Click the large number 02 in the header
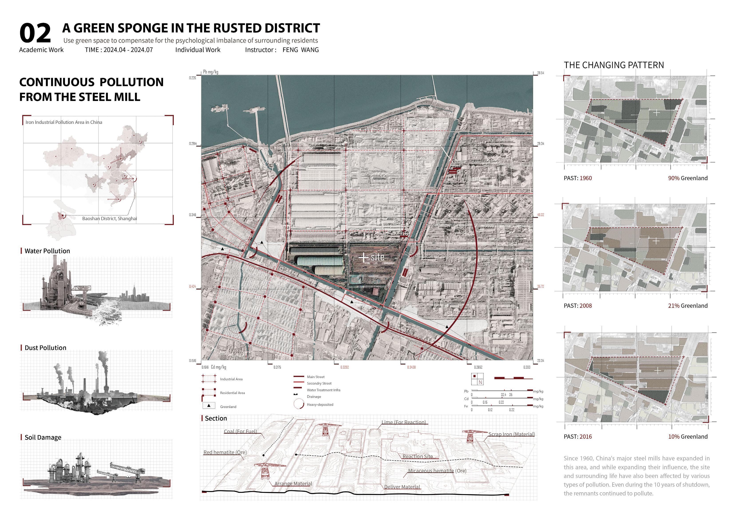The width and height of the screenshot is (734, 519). [35, 33]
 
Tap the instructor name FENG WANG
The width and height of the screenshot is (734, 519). [300, 50]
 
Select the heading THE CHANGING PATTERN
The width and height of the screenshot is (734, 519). [614, 65]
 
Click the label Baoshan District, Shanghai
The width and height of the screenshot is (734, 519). [109, 219]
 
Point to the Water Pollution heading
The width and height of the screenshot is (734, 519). [47, 251]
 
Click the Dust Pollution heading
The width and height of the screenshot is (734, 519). [45, 348]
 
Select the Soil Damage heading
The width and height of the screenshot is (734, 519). [43, 438]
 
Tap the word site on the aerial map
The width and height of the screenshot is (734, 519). [377, 257]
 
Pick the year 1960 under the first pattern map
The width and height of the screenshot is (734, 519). [586, 178]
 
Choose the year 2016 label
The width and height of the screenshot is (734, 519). [586, 437]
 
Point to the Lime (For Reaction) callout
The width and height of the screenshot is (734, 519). [404, 422]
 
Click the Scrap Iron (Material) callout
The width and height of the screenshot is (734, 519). [511, 434]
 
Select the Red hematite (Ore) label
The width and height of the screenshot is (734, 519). [225, 452]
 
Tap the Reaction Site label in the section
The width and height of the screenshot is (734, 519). [418, 457]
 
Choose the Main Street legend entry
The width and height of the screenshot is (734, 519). [316, 377]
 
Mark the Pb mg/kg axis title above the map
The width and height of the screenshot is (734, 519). [211, 72]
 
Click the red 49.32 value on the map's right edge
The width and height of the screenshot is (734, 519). [540, 215]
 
